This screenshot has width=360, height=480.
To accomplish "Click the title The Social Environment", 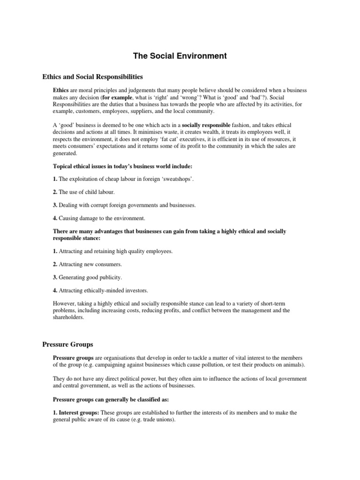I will (180, 56).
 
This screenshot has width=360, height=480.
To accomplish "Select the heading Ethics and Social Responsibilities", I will (92, 76).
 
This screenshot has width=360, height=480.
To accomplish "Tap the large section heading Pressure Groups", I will (68, 344).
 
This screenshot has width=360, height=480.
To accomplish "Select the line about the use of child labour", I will (87, 192).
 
